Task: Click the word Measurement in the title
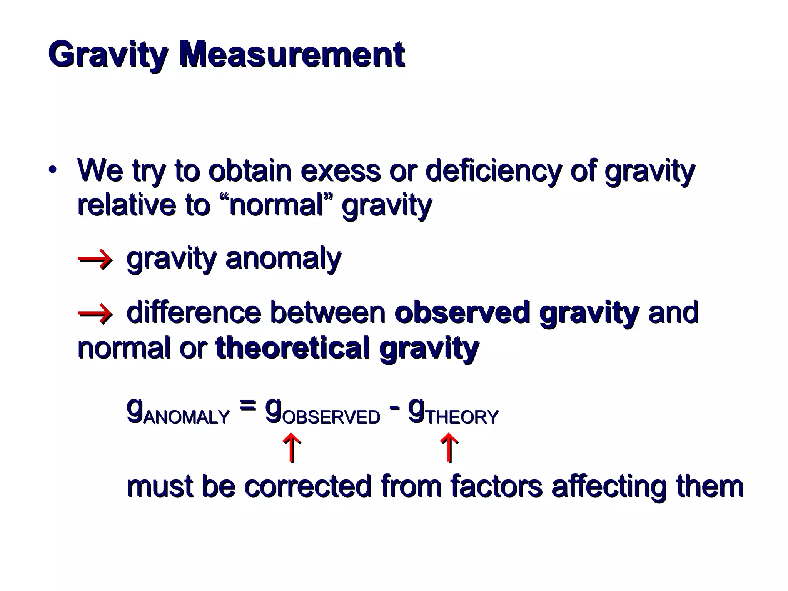tap(292, 55)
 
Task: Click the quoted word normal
tap(277, 205)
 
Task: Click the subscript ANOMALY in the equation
tap(187, 417)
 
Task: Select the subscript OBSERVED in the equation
tap(331, 417)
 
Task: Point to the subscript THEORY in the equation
tap(462, 417)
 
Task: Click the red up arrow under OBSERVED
tap(292, 448)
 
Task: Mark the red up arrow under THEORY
tap(449, 448)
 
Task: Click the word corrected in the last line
tap(307, 486)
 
